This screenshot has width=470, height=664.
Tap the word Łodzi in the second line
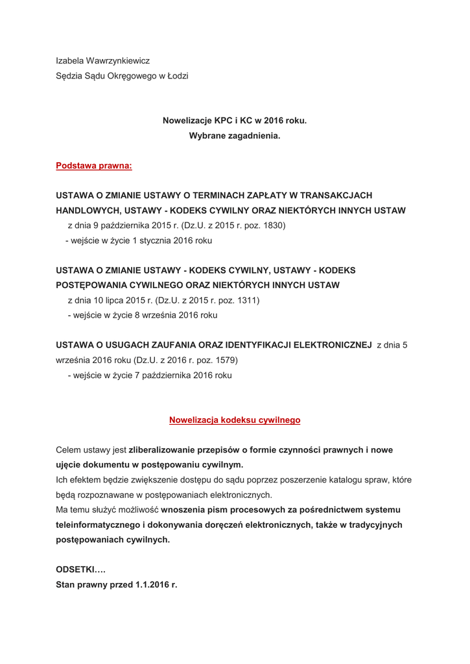tap(177, 76)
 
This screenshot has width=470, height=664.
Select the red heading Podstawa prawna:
tap(94, 166)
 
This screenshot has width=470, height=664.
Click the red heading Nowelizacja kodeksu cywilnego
tap(235, 420)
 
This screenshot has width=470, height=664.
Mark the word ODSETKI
tap(76, 569)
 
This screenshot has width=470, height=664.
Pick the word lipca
tap(122, 300)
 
